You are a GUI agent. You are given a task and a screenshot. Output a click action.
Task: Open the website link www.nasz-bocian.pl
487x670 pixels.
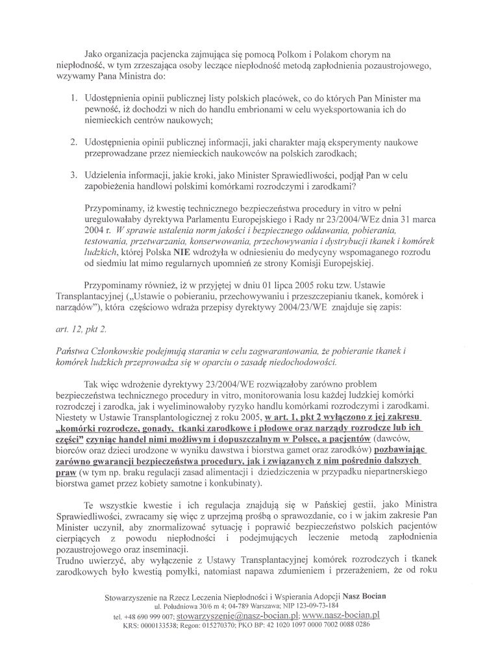pyautogui.click(x=341, y=614)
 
